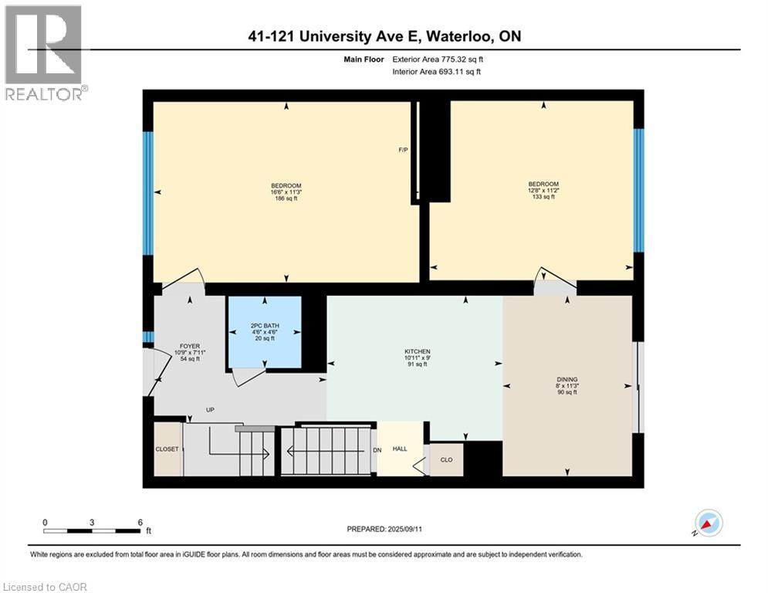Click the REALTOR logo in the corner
click(45, 53)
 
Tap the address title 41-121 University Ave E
click(384, 36)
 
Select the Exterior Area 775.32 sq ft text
click(438, 59)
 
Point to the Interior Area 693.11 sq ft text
click(437, 72)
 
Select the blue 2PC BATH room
click(263, 333)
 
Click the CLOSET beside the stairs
click(167, 449)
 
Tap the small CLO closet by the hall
click(446, 459)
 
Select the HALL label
click(399, 449)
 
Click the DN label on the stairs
click(377, 449)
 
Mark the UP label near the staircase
click(209, 410)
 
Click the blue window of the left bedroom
click(147, 193)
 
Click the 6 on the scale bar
click(139, 522)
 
